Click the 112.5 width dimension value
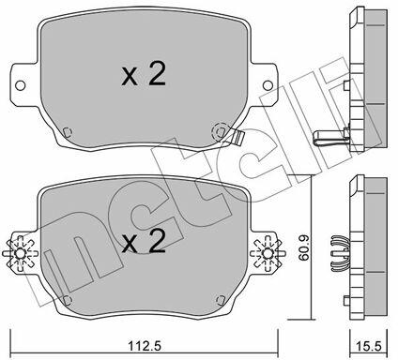click(x=145, y=346)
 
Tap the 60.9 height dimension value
click(x=303, y=247)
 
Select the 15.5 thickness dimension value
click(x=369, y=346)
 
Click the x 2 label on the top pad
click(x=144, y=74)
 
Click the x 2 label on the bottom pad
click(x=144, y=241)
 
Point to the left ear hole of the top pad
click(x=20, y=85)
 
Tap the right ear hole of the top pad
click(x=268, y=85)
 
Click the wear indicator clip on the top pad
click(x=237, y=137)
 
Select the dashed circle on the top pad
click(x=221, y=131)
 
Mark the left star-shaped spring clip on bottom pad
click(x=20, y=253)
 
